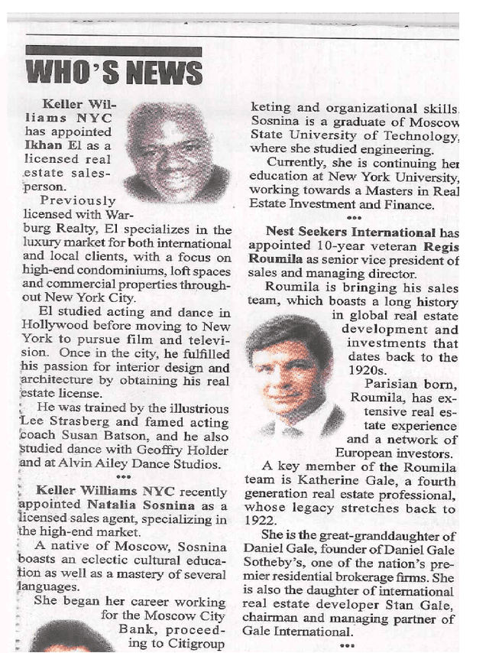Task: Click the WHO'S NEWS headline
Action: [x=114, y=73]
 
